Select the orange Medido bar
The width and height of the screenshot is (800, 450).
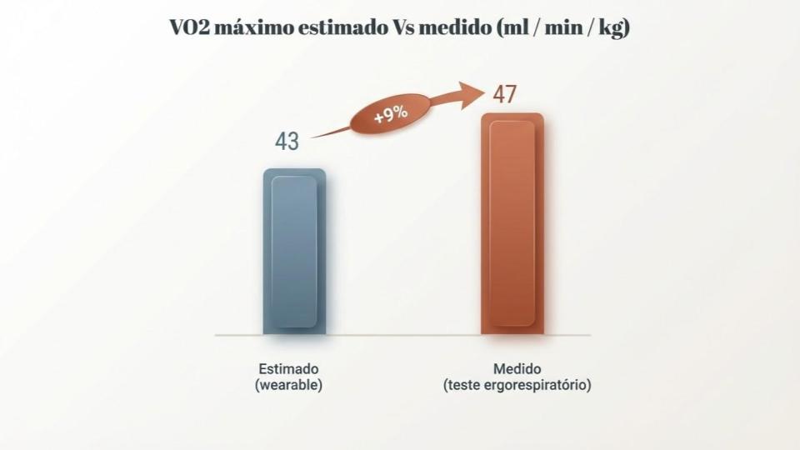pos(512,224)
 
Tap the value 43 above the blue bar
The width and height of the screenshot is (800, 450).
pos(287,142)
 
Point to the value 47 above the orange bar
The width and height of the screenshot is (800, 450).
pos(503,94)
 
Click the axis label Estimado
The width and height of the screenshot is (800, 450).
pos(289,368)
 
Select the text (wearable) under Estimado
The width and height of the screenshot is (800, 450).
pos(289,385)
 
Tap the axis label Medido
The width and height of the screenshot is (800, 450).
pos(517,368)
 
